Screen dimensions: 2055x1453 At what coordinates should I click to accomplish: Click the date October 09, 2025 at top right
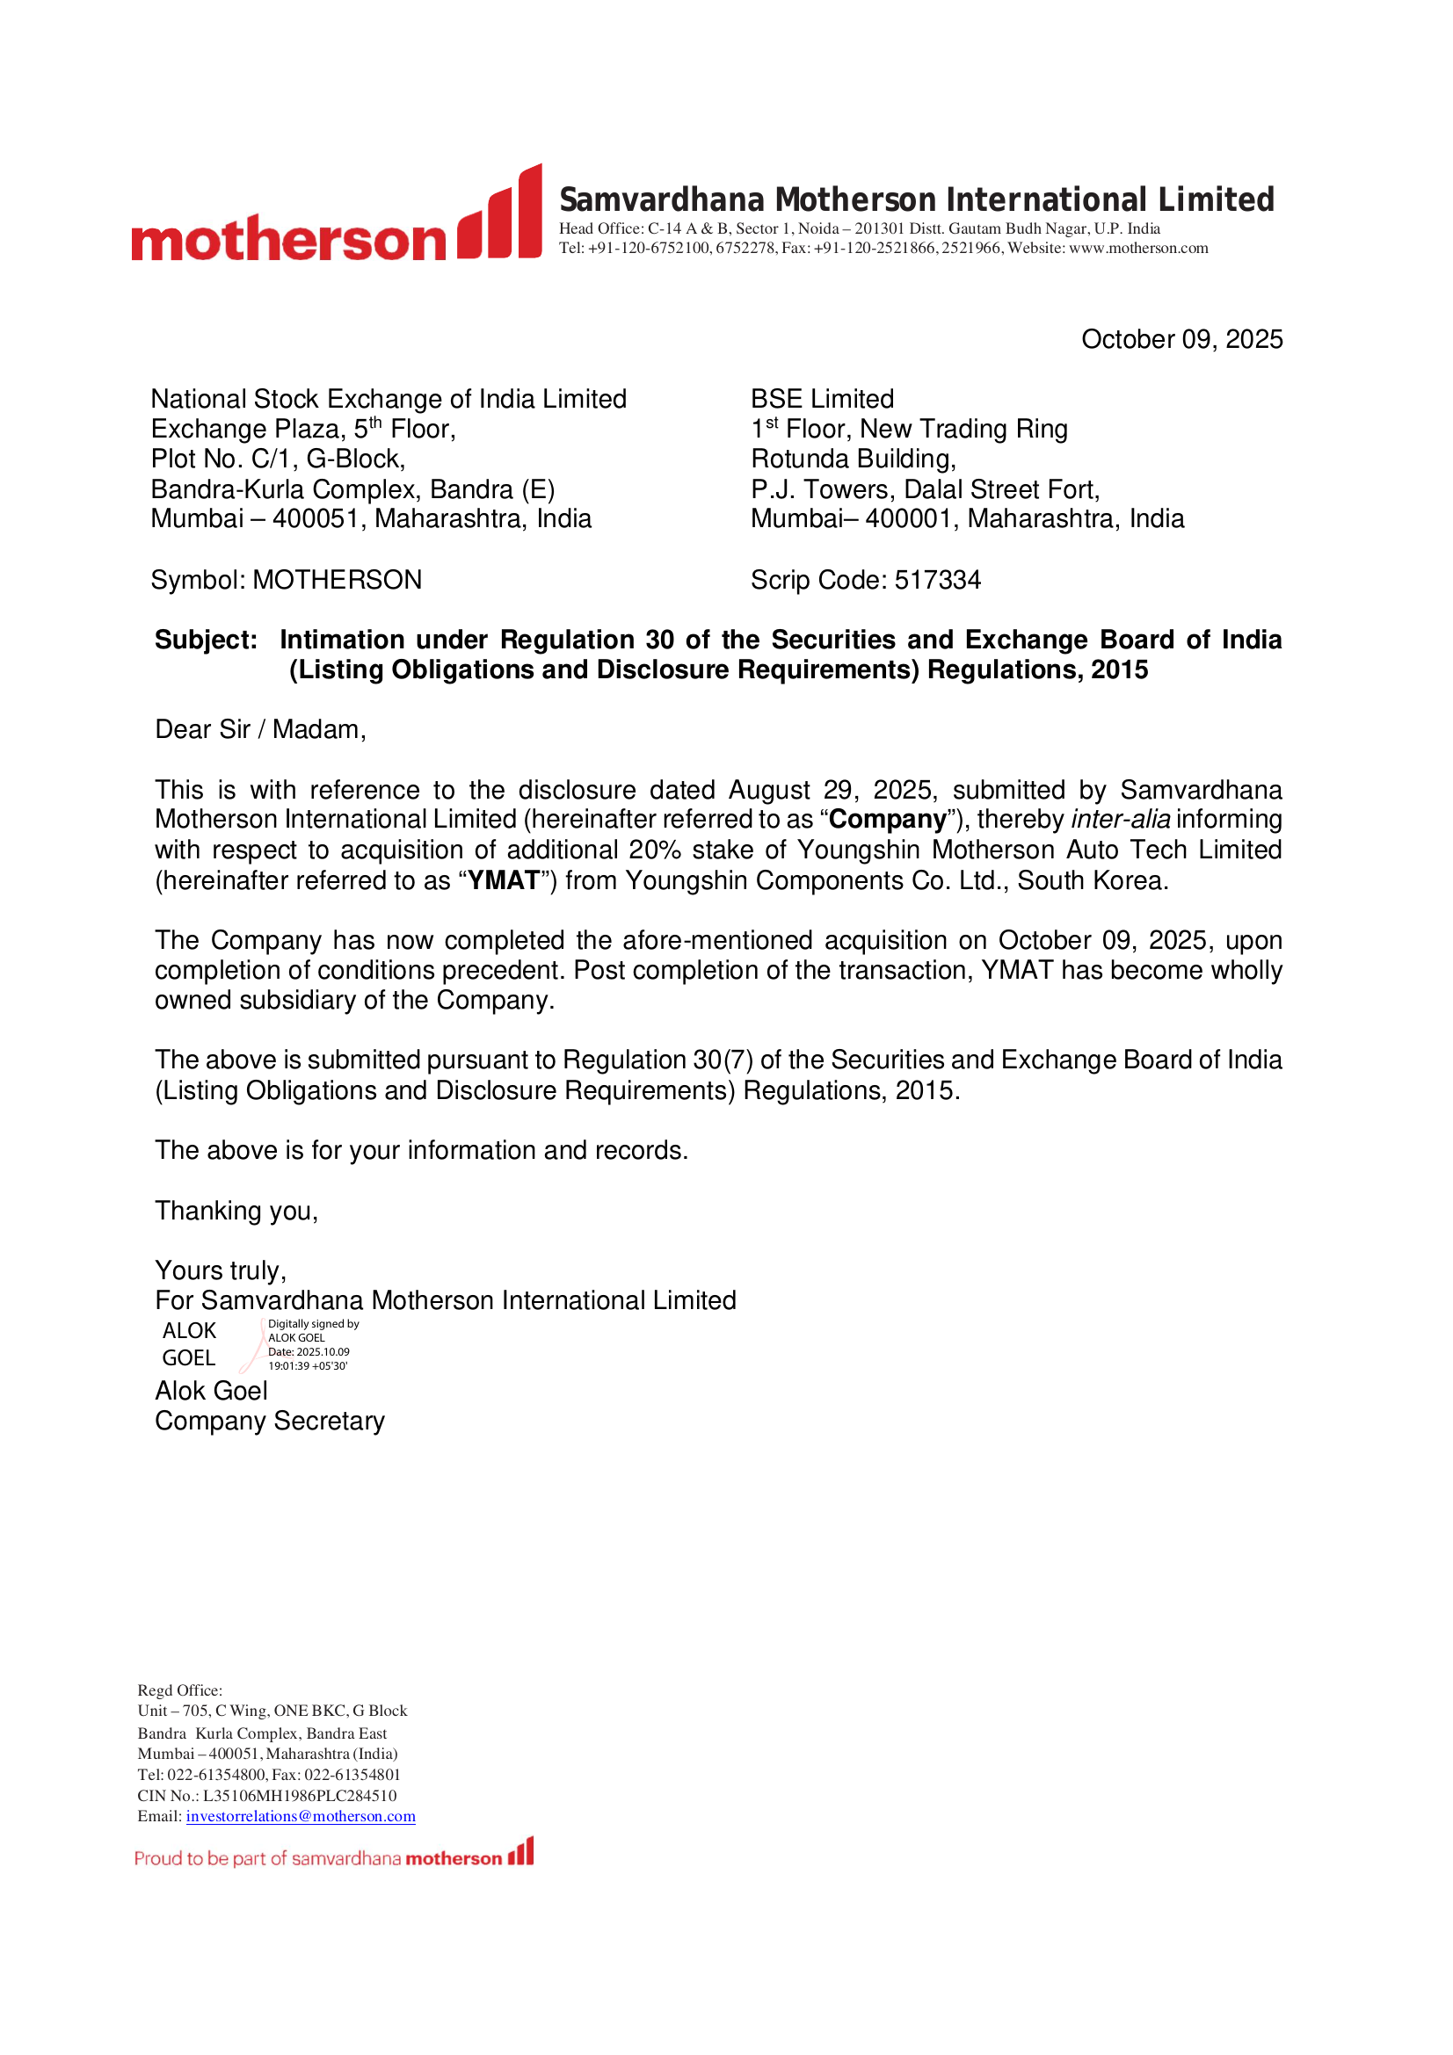1181,339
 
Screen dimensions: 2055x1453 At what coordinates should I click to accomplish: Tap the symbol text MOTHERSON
337,580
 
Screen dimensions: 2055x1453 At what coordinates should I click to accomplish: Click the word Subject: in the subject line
206,640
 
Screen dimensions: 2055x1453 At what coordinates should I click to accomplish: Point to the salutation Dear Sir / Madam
260,729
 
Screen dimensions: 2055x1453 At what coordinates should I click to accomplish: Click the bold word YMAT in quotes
504,880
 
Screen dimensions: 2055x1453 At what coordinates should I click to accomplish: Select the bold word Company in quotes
887,820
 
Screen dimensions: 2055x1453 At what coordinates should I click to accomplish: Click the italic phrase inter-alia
1120,820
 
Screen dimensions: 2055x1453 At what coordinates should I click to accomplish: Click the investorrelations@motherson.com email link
301,1816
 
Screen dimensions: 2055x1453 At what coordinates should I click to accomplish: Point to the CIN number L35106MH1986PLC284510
299,1796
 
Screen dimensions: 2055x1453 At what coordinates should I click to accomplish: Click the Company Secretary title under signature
270,1422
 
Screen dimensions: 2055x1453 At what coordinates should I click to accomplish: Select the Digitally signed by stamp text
313,1324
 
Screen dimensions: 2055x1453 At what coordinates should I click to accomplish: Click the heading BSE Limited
822,399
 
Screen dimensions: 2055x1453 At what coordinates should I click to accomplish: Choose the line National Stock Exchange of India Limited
389,399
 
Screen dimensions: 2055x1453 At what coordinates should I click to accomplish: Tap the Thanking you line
236,1211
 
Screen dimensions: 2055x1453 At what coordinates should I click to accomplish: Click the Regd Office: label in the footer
180,1690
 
